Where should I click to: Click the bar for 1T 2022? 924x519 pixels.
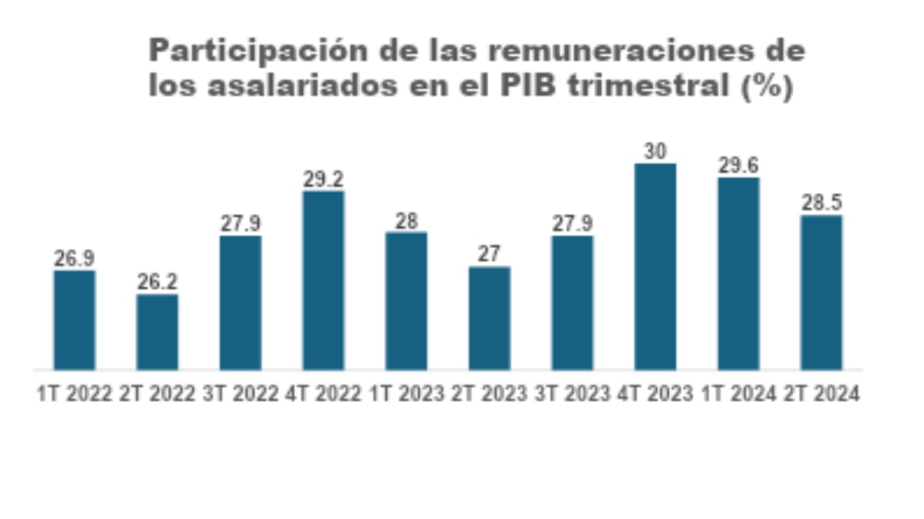[x=74, y=320]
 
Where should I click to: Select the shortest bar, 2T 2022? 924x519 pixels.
[x=157, y=332]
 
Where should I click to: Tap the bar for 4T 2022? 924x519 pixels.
[x=323, y=280]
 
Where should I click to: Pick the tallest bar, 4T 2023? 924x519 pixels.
[x=655, y=266]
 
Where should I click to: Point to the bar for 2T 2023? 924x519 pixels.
[x=489, y=318]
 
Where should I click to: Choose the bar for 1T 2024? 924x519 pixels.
[x=738, y=273]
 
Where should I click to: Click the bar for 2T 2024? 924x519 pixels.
[x=821, y=292]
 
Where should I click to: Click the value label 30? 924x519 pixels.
[x=655, y=151]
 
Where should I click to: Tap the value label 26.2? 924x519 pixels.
[x=157, y=282]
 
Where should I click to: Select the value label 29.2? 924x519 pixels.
[x=323, y=179]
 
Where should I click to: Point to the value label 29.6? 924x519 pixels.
[x=738, y=165]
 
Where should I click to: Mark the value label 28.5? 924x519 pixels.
[x=821, y=203]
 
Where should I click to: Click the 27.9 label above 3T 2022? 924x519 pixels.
[x=240, y=224]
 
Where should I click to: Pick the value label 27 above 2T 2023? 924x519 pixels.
[x=489, y=254]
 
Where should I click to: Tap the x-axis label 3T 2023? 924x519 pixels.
[x=572, y=394]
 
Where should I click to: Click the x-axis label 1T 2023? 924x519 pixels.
[x=406, y=394]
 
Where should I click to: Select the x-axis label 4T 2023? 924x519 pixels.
[x=655, y=394]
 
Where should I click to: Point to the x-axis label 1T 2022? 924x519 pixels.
[x=74, y=394]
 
